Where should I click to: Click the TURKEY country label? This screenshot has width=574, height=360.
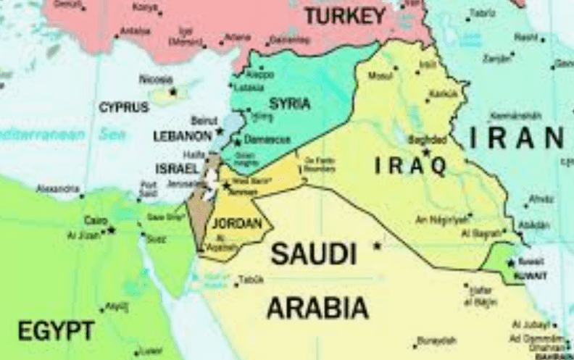point(344,15)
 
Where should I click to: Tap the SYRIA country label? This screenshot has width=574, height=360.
point(290,104)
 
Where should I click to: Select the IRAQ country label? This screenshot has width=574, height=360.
point(410,166)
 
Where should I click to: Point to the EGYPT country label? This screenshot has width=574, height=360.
point(56,332)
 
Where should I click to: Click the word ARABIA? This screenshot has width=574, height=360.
point(317,308)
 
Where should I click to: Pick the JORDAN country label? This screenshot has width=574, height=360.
point(236,224)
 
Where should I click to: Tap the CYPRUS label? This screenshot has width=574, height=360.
point(124,107)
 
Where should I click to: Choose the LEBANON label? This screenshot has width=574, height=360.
point(182,135)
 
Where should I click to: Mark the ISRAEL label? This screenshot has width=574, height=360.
point(177,168)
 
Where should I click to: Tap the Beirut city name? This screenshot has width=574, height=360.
point(204,120)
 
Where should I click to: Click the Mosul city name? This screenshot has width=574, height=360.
point(380,75)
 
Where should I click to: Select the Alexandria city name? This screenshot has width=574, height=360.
point(58,189)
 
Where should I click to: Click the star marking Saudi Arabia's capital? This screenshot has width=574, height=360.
point(377,246)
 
